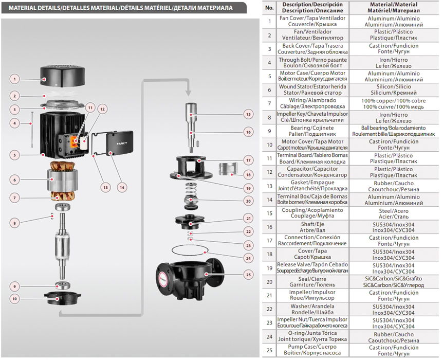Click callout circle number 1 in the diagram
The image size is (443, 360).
coord(15,79)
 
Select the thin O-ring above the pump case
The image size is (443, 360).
coord(188,251)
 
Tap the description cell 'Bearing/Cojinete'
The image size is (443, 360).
coord(312,131)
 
